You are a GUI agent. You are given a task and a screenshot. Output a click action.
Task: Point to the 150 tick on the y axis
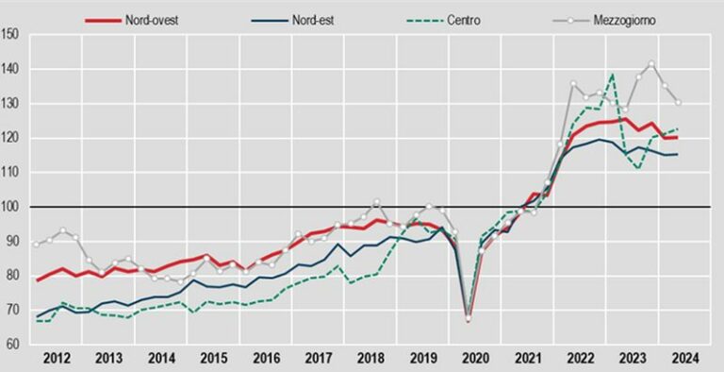click(x=11, y=35)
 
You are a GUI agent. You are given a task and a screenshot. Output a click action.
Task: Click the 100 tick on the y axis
click(x=11, y=207)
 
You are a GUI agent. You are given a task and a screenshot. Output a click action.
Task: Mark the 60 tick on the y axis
click(x=11, y=344)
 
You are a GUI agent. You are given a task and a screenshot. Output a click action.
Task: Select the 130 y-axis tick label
click(x=11, y=104)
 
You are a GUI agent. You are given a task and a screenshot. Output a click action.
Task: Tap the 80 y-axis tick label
click(x=11, y=275)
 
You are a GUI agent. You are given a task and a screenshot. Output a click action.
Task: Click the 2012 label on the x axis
click(x=57, y=359)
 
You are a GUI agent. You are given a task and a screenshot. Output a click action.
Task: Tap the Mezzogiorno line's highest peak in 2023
click(x=651, y=64)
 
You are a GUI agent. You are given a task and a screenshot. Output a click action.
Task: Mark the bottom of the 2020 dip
click(x=469, y=319)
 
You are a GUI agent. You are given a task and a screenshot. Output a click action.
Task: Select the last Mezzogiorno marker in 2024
click(x=678, y=103)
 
